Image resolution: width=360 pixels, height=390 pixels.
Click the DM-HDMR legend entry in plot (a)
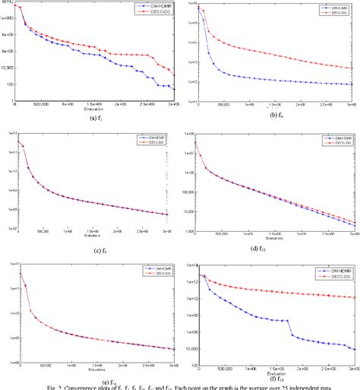coord(155,7)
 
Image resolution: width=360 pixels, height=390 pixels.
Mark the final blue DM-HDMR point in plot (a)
coord(176,89)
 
